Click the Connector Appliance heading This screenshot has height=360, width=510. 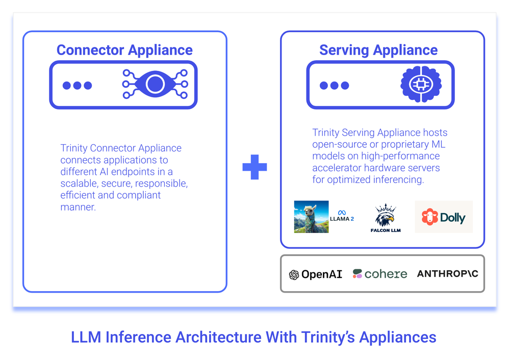124,50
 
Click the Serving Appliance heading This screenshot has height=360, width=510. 378,50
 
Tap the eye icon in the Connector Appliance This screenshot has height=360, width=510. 155,85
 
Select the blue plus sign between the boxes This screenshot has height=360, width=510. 254,167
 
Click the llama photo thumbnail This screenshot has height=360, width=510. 312,217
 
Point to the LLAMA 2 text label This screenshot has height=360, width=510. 342,219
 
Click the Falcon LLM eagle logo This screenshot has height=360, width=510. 386,216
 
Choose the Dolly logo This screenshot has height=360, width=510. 444,217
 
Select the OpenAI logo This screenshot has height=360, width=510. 316,274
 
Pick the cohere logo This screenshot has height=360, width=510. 380,274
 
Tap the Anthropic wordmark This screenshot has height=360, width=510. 447,274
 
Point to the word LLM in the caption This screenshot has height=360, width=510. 85,337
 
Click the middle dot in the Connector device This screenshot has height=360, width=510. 77,85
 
